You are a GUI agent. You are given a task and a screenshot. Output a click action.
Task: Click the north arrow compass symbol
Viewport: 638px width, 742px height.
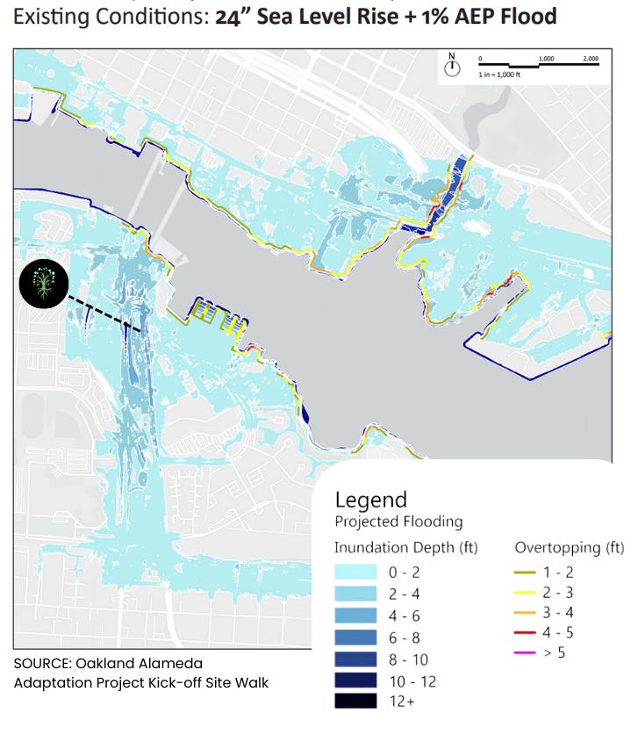pyautogui.click(x=452, y=67)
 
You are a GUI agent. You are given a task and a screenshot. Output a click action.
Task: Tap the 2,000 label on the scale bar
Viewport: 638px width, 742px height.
pyautogui.click(x=591, y=59)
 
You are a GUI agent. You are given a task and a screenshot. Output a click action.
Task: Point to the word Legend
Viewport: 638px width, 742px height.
pyautogui.click(x=371, y=500)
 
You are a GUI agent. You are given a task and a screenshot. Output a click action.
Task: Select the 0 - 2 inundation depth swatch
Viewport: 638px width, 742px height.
pyautogui.click(x=355, y=573)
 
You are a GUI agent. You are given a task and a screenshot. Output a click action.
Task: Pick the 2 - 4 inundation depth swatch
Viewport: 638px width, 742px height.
pyautogui.click(x=355, y=594)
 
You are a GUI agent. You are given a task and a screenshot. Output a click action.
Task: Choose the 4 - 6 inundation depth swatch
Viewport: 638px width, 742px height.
pyautogui.click(x=355, y=616)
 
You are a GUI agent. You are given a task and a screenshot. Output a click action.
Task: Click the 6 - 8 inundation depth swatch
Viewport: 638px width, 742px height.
pyautogui.click(x=355, y=637)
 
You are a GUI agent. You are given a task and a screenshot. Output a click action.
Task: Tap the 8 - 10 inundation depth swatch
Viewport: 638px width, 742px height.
pyautogui.click(x=355, y=659)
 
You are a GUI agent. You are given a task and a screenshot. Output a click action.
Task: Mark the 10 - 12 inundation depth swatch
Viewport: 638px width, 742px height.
pyautogui.click(x=355, y=680)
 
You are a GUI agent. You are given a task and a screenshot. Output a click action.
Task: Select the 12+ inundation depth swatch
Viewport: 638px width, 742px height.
pyautogui.click(x=355, y=701)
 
